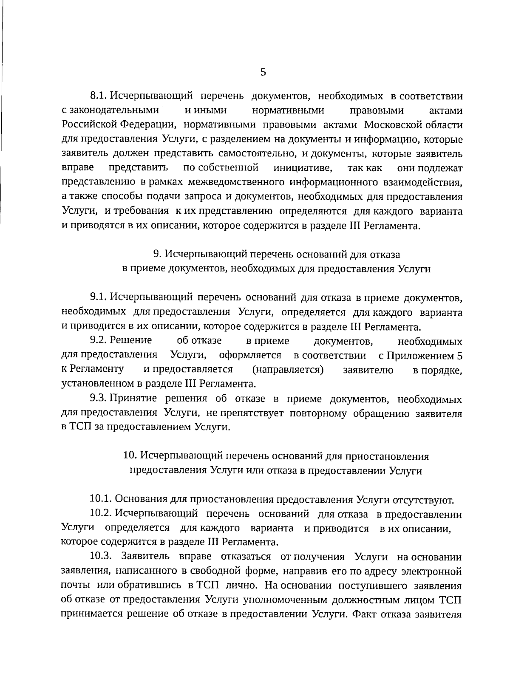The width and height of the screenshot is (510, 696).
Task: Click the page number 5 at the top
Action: [263, 72]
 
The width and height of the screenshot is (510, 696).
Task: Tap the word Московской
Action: [391, 125]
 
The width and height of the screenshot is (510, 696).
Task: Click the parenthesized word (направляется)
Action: [288, 370]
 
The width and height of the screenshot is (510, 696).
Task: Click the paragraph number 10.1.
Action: [101, 498]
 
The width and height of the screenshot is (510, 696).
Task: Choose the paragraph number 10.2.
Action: [101, 514]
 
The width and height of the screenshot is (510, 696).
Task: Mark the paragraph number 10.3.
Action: [101, 557]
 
